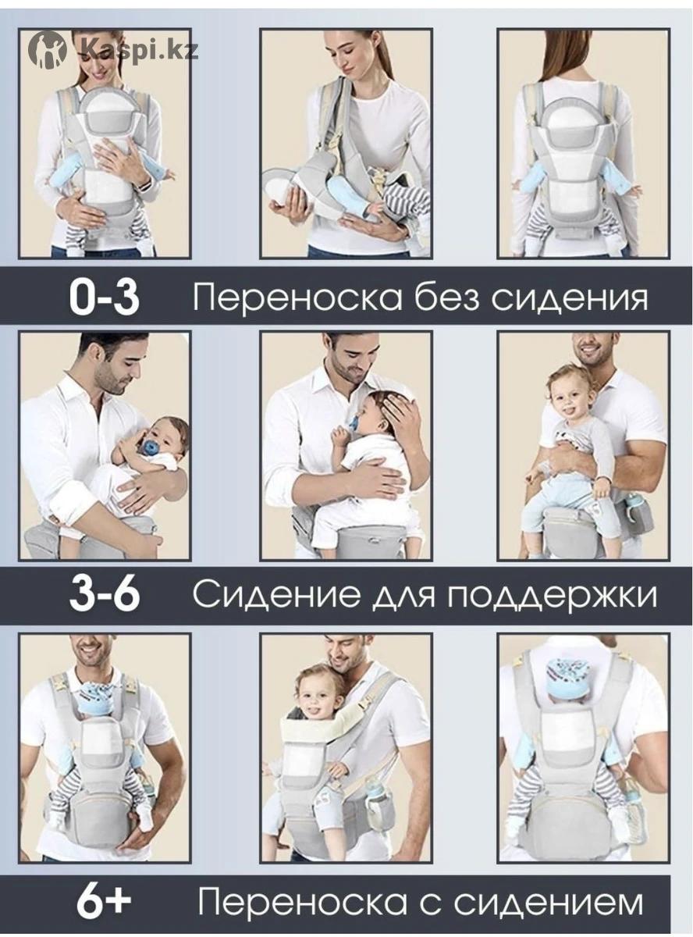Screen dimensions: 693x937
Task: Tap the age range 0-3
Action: (104, 297)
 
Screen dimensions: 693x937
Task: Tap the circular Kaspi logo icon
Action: (48, 49)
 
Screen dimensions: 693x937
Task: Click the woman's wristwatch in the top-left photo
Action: (146, 186)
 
